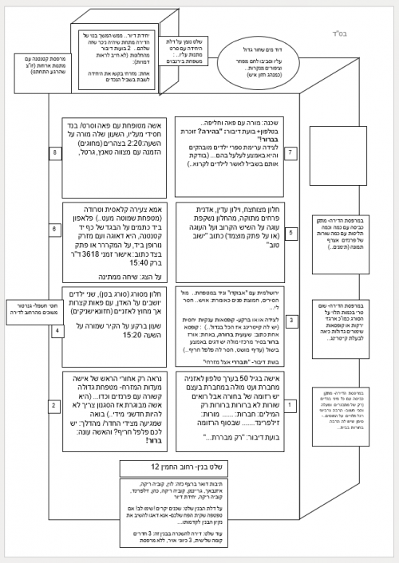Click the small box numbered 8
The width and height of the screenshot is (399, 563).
point(55,152)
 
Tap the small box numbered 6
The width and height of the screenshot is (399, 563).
point(55,230)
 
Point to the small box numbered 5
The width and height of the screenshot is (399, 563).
point(291,233)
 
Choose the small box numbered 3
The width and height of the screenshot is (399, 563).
point(291,321)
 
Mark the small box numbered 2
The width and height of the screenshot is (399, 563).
point(55,406)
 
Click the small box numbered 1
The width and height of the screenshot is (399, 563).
point(291,405)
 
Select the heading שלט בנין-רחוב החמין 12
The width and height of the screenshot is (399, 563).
point(170,465)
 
